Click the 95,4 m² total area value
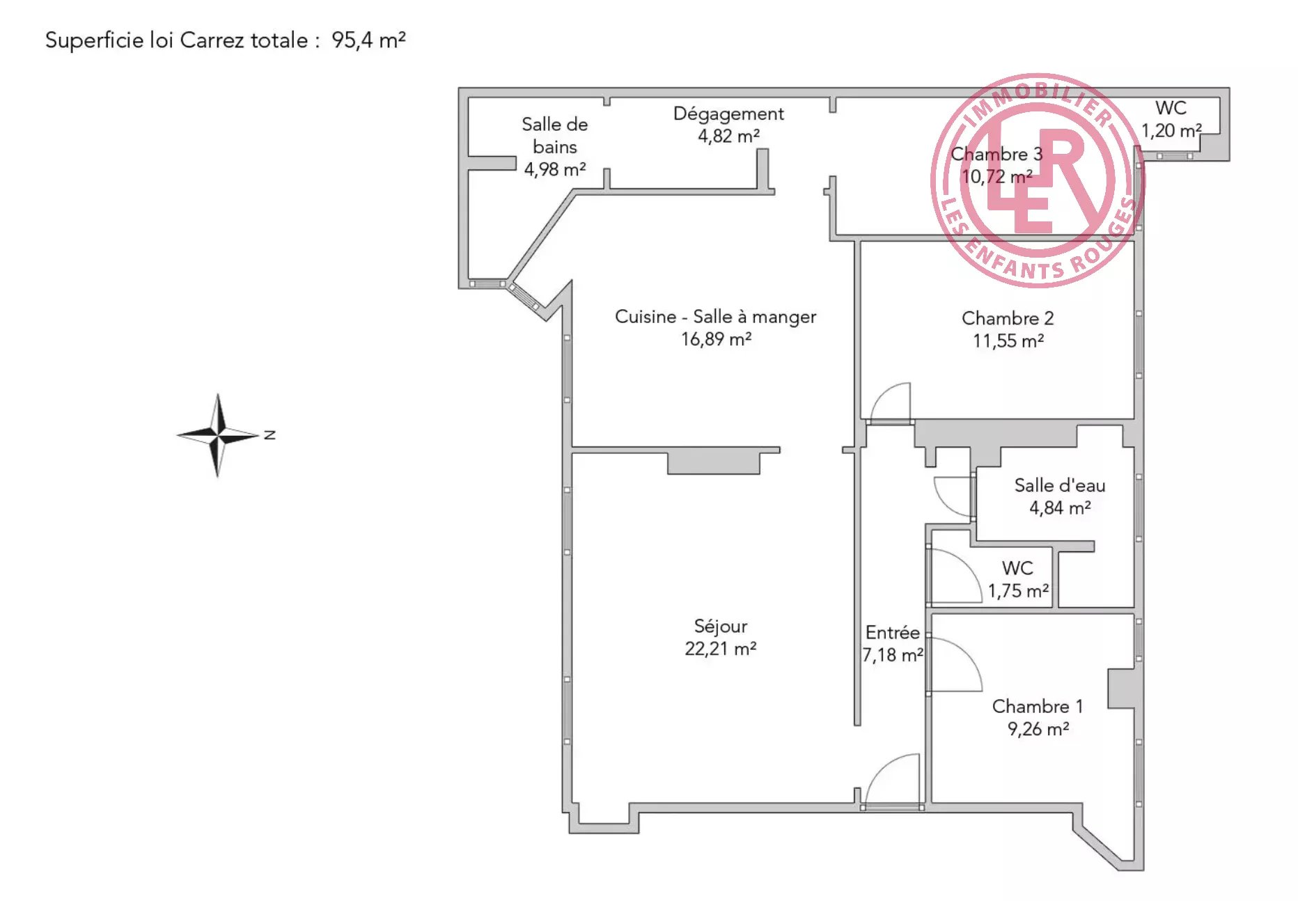tap(368, 40)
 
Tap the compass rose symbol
tap(218, 435)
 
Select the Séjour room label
tap(721, 626)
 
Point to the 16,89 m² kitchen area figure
tap(716, 339)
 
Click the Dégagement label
tap(728, 113)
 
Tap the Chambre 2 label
tap(1008, 318)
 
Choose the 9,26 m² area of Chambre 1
tap(1038, 729)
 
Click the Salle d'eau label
tap(1059, 485)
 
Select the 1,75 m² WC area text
tap(1018, 591)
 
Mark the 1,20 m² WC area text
tap(1171, 130)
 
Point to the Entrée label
tap(892, 632)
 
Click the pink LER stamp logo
tap(1038, 180)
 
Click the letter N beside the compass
tap(270, 435)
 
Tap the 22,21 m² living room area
tap(721, 649)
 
